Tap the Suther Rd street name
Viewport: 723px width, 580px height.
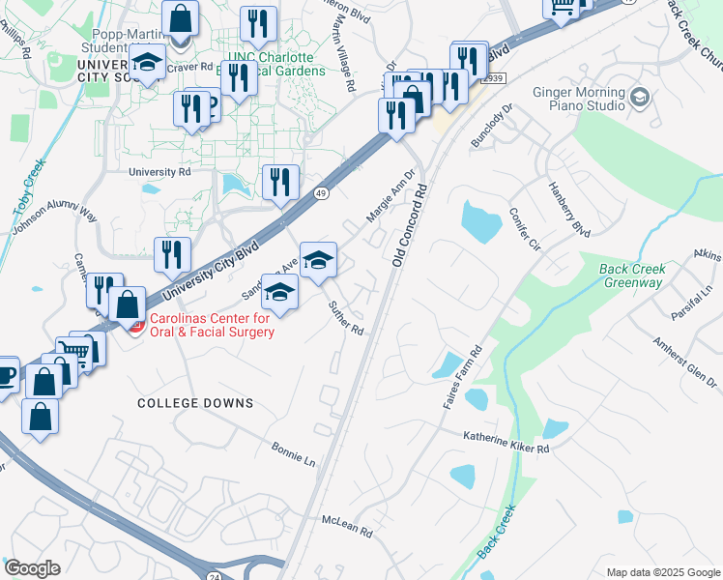point(345,318)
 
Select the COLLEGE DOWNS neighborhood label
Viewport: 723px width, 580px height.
point(195,403)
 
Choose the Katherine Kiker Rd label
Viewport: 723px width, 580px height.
point(506,443)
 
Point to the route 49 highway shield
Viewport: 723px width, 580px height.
point(320,193)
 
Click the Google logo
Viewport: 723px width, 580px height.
point(32,567)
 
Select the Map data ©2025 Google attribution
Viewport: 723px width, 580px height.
point(662,572)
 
